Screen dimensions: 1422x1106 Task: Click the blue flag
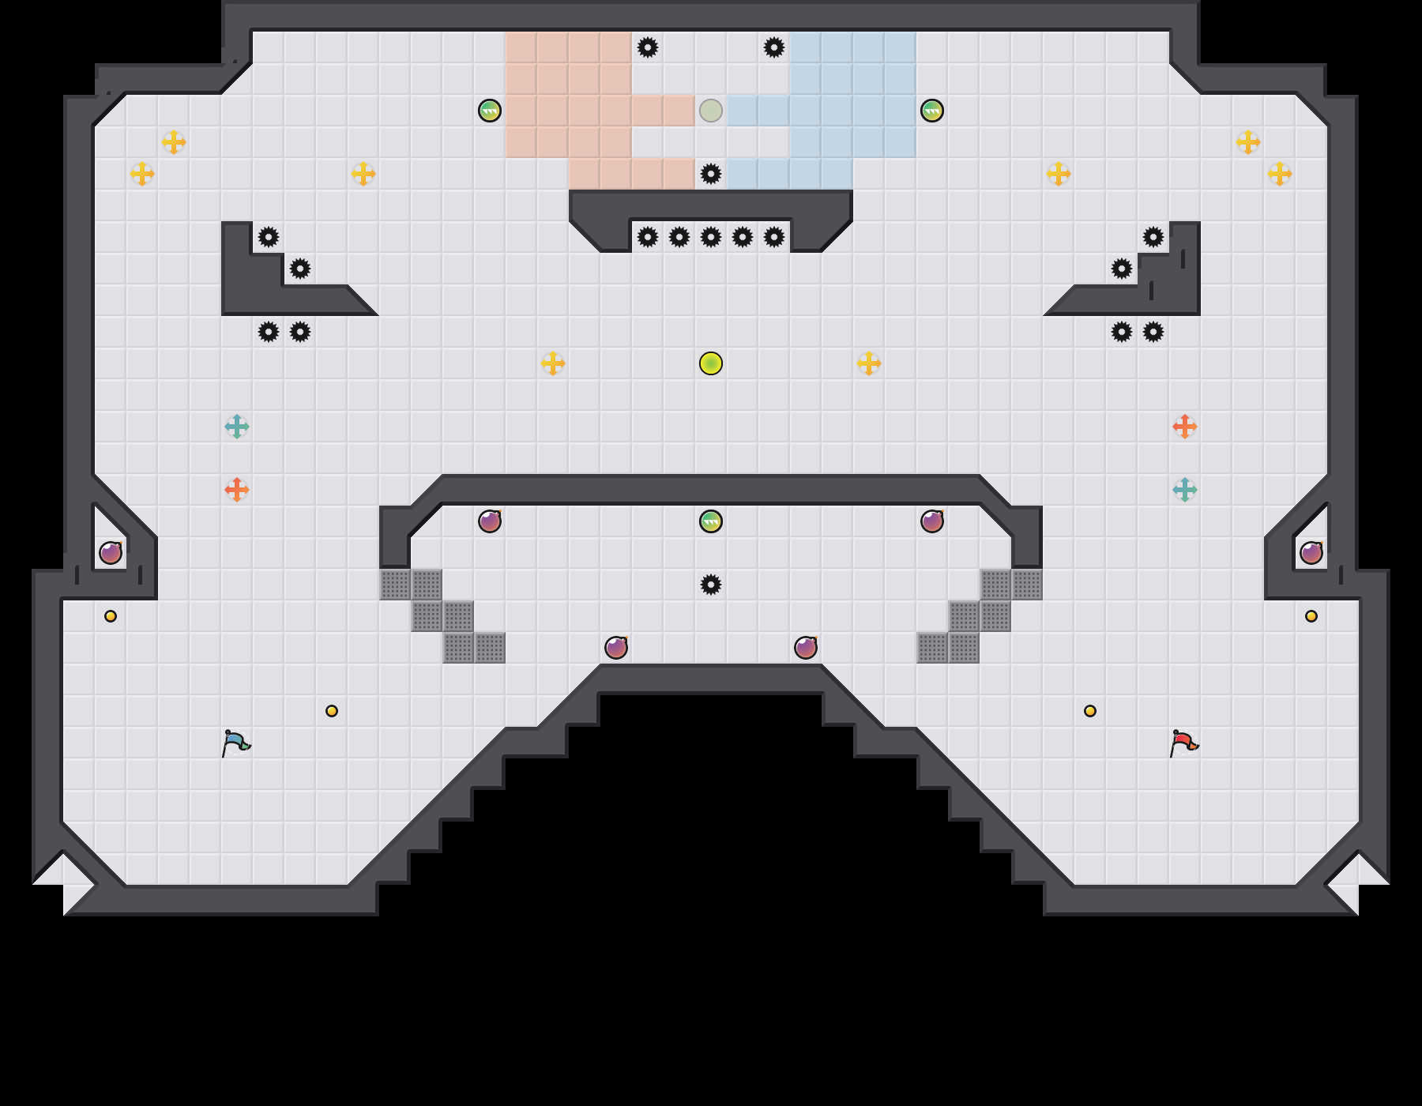tap(235, 743)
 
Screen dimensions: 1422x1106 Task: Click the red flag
tap(1183, 743)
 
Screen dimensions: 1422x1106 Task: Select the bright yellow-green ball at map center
tap(711, 363)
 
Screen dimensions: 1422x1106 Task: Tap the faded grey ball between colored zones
tap(711, 111)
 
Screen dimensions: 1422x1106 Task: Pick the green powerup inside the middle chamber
tap(711, 521)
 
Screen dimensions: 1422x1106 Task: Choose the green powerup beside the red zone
tap(490, 111)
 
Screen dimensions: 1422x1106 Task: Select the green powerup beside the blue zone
tap(932, 111)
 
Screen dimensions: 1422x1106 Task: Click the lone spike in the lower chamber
tap(711, 585)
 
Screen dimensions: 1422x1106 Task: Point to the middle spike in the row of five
tap(711, 237)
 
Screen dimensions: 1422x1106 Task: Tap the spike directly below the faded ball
tap(711, 174)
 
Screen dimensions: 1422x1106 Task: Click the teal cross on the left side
tap(237, 427)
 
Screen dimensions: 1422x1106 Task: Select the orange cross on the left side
tap(237, 490)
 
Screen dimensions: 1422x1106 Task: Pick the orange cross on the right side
tap(1185, 427)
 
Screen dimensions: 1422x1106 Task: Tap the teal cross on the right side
tap(1185, 490)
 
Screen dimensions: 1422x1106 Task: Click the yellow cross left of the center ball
tap(553, 363)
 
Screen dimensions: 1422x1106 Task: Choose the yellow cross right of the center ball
tap(869, 363)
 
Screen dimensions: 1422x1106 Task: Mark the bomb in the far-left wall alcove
tap(111, 553)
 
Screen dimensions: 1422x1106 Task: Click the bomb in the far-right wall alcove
tap(1311, 553)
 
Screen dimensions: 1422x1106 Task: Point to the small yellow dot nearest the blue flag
tap(332, 711)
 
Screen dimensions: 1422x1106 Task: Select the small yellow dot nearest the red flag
tap(1090, 711)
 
